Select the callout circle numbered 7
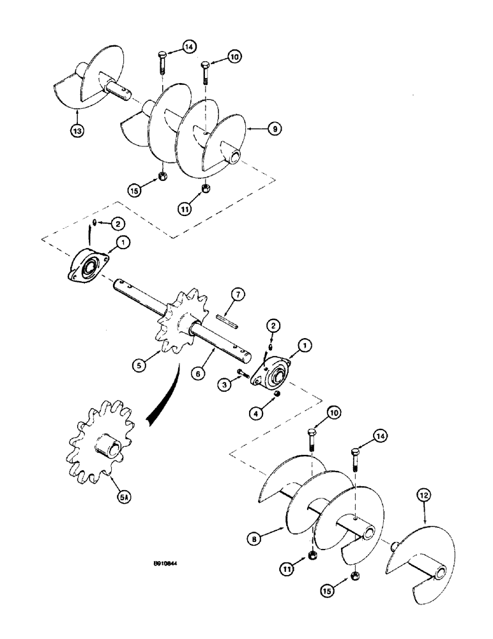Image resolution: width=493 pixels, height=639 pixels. (238, 295)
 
